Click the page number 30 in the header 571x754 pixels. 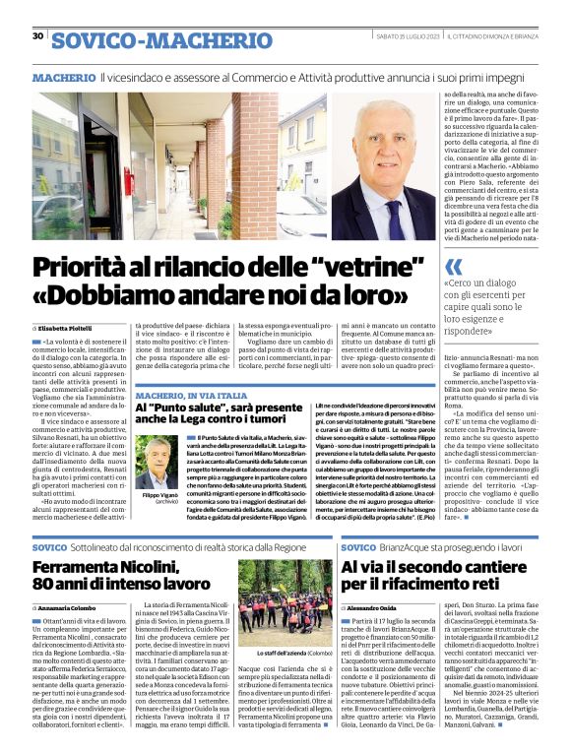coord(37,36)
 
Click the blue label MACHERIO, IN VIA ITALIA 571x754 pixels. coord(192,395)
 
